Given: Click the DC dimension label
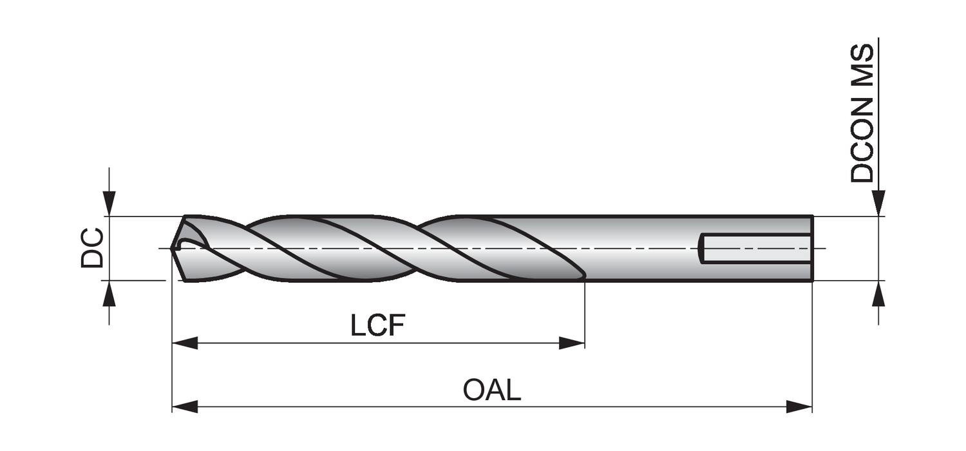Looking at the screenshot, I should [x=92, y=247].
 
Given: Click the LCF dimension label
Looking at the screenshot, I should [x=377, y=326].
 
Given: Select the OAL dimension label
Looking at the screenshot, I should [x=491, y=390].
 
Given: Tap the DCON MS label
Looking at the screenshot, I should [x=862, y=113].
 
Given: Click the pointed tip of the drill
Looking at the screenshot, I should [x=173, y=247].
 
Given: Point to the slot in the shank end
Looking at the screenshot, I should [x=756, y=248].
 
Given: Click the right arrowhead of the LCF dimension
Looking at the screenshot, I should [x=572, y=343].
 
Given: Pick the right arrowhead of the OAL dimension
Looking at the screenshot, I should [x=799, y=407].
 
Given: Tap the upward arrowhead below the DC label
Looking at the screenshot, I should [x=109, y=294].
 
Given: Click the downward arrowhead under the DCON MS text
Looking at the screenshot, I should [x=878, y=203].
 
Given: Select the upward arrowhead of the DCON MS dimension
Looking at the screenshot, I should [x=878, y=294].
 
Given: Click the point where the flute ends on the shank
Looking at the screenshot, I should [x=583, y=276].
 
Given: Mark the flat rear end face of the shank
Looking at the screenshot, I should [x=812, y=248].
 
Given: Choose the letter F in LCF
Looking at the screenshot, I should [x=396, y=326].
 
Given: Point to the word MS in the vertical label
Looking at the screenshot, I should [x=862, y=64].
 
